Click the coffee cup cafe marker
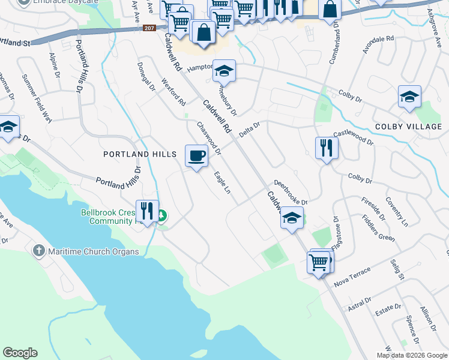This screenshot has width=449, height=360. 196,157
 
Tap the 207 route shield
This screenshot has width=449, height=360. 149,28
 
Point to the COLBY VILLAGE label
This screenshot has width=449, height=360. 408,127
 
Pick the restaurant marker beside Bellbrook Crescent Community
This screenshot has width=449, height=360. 147,211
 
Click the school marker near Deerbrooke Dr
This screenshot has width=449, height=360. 292,218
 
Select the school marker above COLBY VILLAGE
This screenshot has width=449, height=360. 409,97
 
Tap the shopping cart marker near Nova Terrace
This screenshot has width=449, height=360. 318,262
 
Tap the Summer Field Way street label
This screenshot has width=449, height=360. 37,98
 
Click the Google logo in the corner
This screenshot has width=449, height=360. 20,353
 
